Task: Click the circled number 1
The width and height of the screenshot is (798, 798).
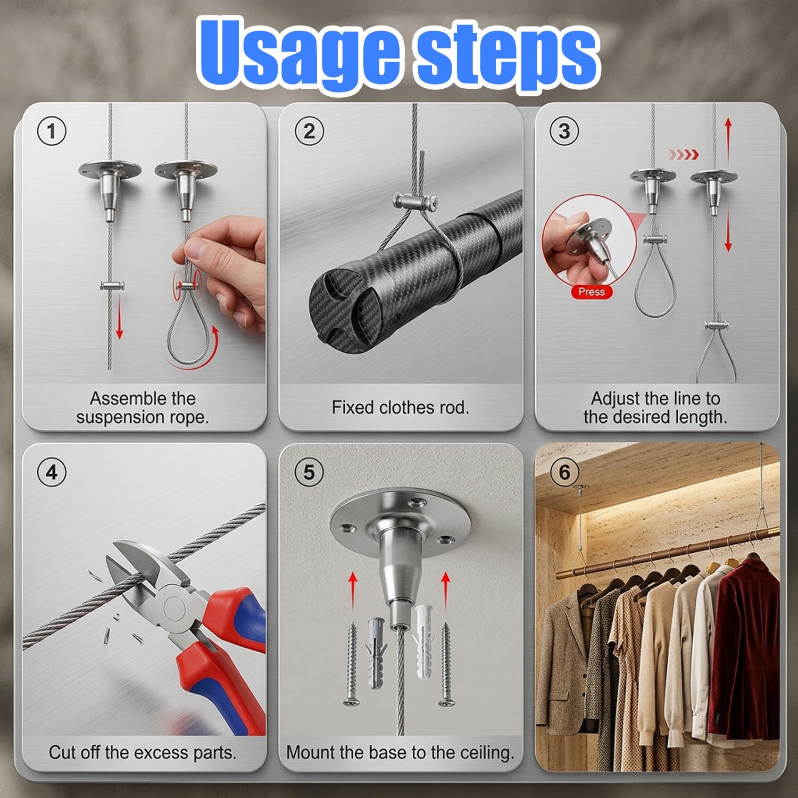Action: coord(52,131)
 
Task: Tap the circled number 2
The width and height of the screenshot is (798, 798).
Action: coord(309,131)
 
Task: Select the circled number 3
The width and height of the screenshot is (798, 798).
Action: coord(564,131)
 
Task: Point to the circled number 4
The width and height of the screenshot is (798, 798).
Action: coord(52,472)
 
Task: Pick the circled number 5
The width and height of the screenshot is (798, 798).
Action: coord(309,472)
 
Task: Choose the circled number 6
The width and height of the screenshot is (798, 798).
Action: coord(564,472)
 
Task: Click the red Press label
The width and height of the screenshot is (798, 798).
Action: coord(592,292)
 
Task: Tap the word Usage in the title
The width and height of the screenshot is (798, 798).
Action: coord(298,53)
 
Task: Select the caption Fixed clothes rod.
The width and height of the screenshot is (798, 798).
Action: coord(400,408)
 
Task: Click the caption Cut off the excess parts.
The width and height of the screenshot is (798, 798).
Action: coord(143,752)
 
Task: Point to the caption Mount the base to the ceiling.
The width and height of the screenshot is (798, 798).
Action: coord(400,752)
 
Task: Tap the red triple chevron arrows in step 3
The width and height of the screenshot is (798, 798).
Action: coord(683,155)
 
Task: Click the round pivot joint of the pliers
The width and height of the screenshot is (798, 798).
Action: coord(174,607)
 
